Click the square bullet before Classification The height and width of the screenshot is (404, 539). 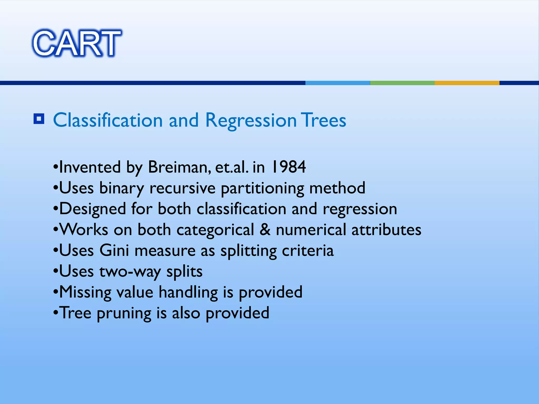(39, 119)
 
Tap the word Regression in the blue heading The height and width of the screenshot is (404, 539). (251, 120)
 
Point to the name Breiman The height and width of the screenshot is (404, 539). (179, 167)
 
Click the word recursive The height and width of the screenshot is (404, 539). (182, 188)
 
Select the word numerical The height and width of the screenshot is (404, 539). (311, 230)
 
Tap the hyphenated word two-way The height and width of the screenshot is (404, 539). (130, 271)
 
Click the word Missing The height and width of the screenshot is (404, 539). (85, 292)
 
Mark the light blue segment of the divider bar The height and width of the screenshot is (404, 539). (337, 83)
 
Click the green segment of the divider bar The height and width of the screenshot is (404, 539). (402, 83)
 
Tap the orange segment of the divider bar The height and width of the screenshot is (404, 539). (467, 83)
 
